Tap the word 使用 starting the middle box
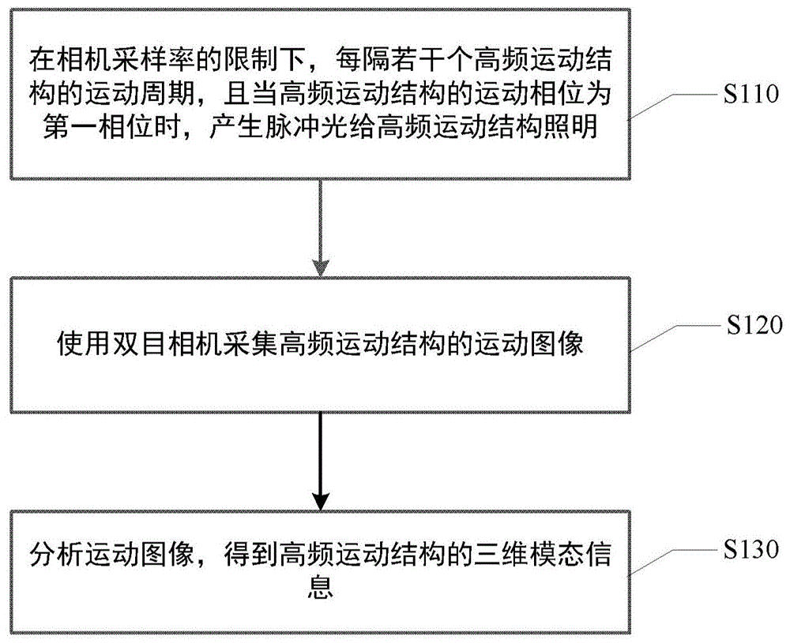point(74,345)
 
